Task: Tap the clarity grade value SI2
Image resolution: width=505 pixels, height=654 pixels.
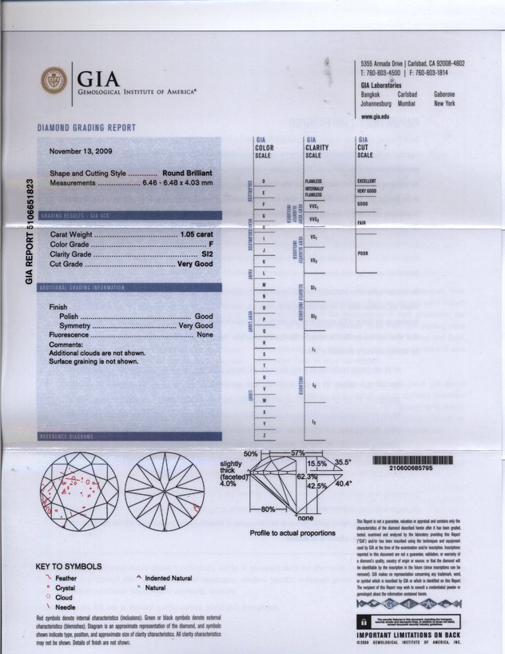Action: pyautogui.click(x=205, y=253)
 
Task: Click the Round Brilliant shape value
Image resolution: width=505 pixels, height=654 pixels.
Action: pyautogui.click(x=188, y=173)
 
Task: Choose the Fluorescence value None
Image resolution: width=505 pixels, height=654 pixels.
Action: pyautogui.click(x=205, y=335)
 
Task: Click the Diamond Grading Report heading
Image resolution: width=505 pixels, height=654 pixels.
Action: pyautogui.click(x=87, y=128)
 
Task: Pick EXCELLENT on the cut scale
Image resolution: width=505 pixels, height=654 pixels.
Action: pyautogui.click(x=367, y=181)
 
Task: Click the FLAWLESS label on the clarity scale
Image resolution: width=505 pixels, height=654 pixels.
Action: pyautogui.click(x=312, y=181)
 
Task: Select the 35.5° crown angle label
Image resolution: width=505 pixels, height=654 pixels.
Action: pyautogui.click(x=343, y=462)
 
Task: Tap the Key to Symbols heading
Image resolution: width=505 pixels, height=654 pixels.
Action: pyautogui.click(x=70, y=567)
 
